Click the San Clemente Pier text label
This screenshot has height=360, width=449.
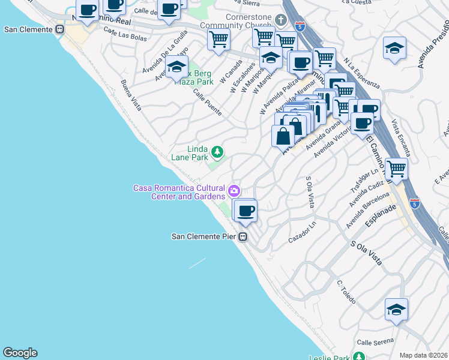pos(204,236)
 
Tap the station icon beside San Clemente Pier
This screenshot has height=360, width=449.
pos(243,236)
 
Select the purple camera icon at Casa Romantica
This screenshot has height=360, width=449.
pos(234,191)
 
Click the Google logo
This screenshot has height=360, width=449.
pos(20,353)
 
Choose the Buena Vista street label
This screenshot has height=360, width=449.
pos(131,95)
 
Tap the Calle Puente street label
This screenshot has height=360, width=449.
pos(207,103)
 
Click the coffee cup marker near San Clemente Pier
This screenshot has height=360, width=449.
pos(245,211)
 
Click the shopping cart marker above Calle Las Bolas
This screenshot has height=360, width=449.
pos(218,40)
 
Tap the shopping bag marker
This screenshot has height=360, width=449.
pos(283,135)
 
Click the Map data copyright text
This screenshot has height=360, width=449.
pos(423,355)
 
